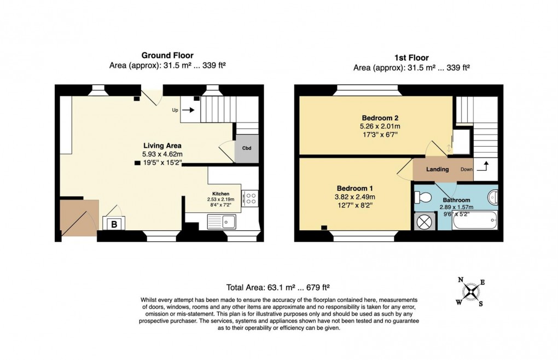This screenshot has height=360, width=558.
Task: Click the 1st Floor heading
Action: click(x=411, y=57)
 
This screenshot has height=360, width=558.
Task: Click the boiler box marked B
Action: click(x=114, y=224)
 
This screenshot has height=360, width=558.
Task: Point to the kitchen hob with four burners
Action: click(x=250, y=198)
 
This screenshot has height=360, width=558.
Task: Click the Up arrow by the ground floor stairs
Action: click(x=187, y=110)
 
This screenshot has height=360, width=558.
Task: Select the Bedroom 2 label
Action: click(x=380, y=118)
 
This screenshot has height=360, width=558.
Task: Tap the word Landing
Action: click(x=438, y=170)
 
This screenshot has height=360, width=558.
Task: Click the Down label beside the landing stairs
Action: click(x=466, y=170)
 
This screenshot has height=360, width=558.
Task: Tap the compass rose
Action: click(x=470, y=292)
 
